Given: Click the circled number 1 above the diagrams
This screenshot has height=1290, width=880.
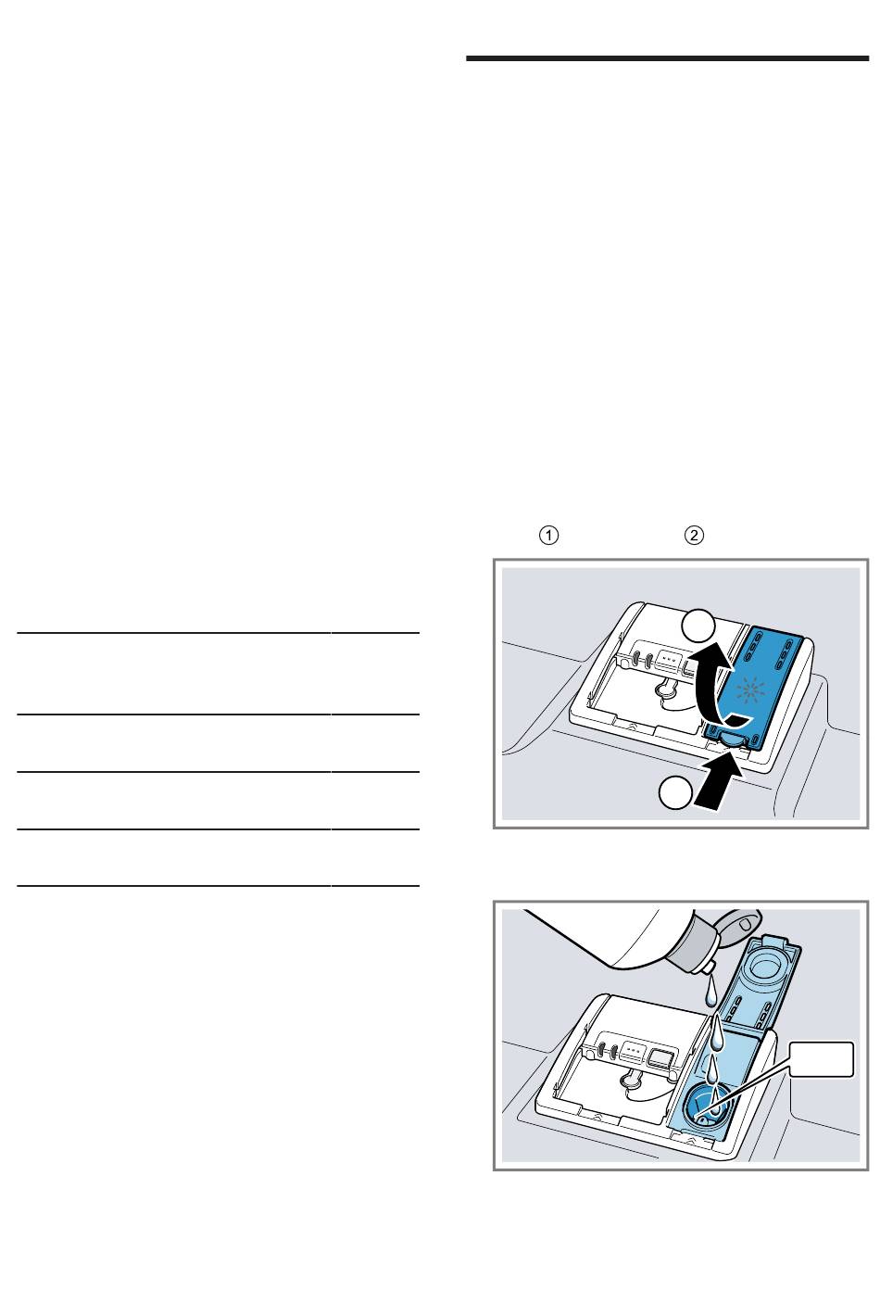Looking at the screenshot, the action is [548, 535].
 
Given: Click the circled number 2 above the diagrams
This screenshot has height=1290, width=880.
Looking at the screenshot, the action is [694, 535].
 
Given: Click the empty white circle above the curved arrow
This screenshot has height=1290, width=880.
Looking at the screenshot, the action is [698, 626].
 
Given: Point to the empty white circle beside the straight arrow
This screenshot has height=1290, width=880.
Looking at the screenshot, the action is [675, 792].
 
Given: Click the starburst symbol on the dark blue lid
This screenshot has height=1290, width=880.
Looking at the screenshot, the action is [750, 689].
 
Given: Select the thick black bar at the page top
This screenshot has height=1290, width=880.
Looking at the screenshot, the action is [667, 58].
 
